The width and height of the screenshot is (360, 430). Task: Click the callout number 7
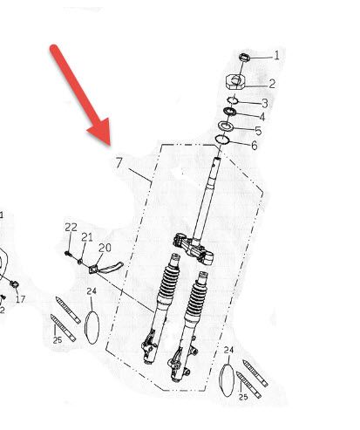(119, 162)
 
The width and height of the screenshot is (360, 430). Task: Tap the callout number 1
(276, 55)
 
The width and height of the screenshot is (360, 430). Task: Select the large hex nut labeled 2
(236, 81)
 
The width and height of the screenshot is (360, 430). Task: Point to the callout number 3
(264, 103)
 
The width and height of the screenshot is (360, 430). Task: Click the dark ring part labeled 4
(229, 111)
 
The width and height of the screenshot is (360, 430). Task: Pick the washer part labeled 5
(226, 126)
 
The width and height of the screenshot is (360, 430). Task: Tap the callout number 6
(255, 146)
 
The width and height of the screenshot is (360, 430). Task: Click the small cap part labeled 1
(244, 58)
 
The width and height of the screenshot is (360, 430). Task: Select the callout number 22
(71, 227)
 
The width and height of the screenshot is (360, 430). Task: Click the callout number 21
(87, 237)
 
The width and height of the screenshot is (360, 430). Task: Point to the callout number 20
(105, 248)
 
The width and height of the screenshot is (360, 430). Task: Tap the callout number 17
(20, 299)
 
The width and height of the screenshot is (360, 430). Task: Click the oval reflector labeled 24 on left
(92, 328)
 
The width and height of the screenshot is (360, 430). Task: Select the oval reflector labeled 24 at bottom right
(227, 380)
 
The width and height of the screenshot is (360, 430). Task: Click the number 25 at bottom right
(243, 397)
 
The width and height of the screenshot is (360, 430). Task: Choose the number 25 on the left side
(58, 339)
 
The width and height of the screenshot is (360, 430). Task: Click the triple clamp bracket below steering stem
(194, 249)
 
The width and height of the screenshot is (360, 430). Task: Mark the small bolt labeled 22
(68, 254)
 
